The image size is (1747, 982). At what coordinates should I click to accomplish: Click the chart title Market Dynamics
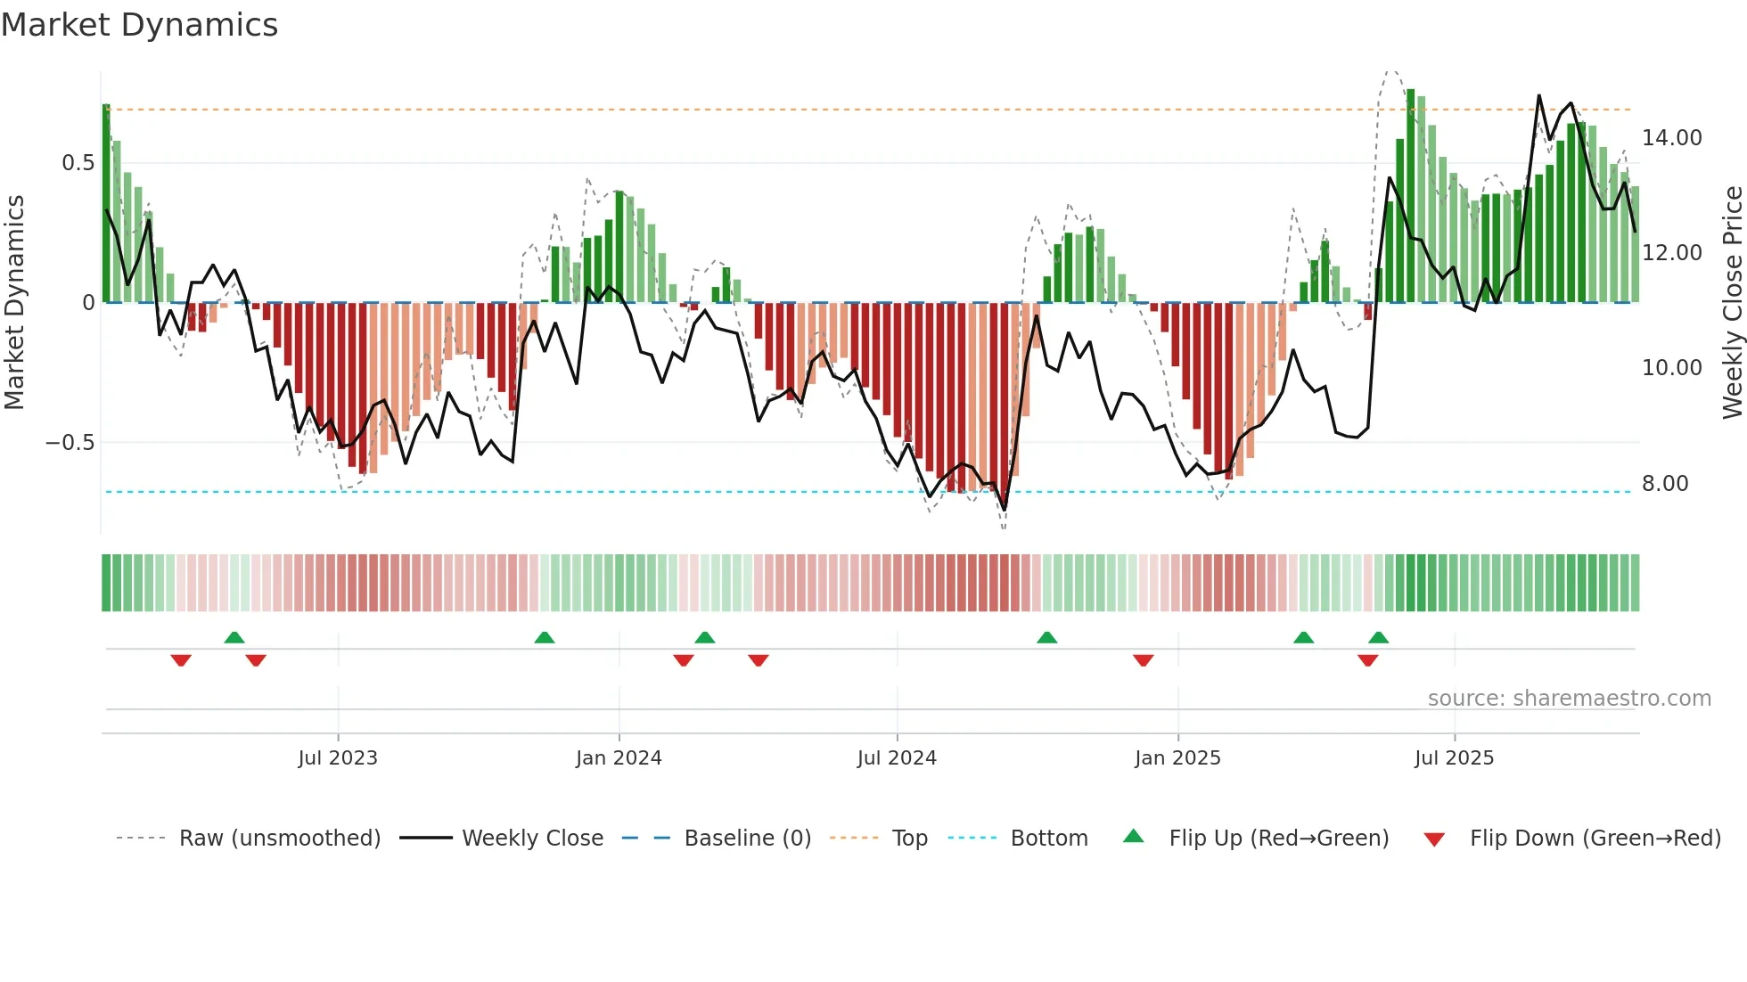pos(139,25)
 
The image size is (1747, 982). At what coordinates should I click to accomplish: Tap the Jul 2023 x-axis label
pos(338,758)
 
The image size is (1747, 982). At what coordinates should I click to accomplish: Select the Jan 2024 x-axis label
pos(619,758)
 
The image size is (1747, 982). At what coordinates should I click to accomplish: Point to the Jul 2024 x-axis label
pos(897,758)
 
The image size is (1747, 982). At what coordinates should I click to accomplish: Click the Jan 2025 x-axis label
pos(1177,758)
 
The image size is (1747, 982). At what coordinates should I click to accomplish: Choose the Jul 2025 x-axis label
pos(1454,758)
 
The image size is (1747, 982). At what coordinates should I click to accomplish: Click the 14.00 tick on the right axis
pos(1671,138)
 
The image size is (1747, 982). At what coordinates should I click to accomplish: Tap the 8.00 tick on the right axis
pos(1665,484)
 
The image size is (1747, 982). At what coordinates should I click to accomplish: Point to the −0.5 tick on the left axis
pos(70,443)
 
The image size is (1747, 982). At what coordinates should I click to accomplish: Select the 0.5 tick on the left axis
pos(78,163)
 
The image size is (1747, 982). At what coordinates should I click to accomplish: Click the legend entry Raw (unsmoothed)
pos(279,839)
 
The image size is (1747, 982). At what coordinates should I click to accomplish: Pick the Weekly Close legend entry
pos(532,839)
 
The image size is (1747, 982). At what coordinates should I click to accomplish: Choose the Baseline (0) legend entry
pos(747,839)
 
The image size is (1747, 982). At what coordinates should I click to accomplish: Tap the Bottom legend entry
pos(1048,839)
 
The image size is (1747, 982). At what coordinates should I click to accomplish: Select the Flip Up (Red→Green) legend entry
pos(1278,839)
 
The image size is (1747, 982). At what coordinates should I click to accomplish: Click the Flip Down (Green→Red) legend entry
pos(1595,839)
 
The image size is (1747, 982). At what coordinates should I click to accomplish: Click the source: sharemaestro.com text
pos(1569,699)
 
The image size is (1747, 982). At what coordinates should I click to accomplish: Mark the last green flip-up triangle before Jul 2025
pos(1378,637)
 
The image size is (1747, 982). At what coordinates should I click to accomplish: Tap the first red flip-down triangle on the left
pos(181,660)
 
